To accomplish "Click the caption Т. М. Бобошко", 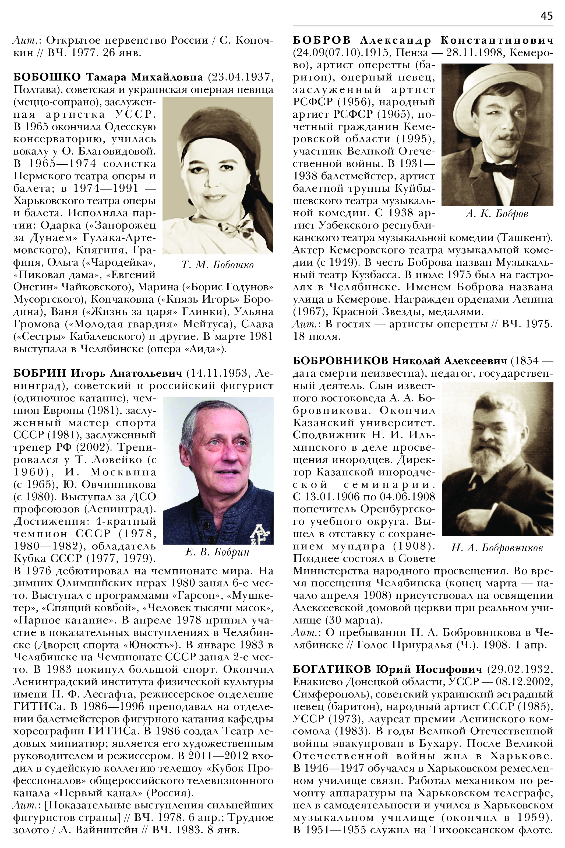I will (218, 265).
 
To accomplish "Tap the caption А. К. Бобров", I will (497, 214).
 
